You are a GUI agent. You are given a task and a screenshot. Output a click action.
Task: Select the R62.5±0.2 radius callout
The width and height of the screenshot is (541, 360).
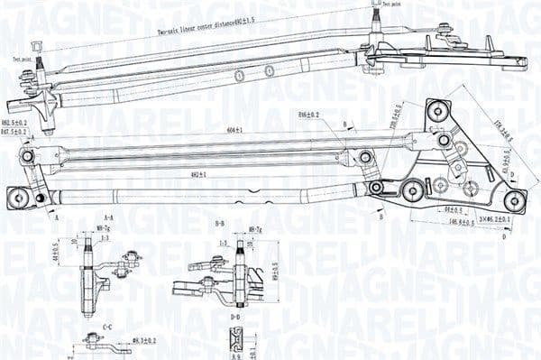point(14,121)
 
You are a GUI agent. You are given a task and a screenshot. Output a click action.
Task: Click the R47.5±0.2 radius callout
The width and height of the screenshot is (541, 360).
point(14,132)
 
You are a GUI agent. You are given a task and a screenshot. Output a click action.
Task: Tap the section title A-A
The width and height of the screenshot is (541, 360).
point(107,218)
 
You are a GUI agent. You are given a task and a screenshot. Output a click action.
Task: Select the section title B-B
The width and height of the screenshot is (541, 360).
point(218,222)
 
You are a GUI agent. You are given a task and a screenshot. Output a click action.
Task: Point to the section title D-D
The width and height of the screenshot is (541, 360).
point(234,318)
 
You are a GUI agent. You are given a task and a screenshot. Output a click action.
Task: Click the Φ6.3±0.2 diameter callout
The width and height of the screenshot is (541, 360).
point(144,340)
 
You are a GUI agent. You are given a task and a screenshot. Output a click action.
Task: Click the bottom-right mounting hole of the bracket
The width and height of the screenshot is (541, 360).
point(512,198)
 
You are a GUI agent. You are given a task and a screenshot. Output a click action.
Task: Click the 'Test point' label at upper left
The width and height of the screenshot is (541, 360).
point(21,59)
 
